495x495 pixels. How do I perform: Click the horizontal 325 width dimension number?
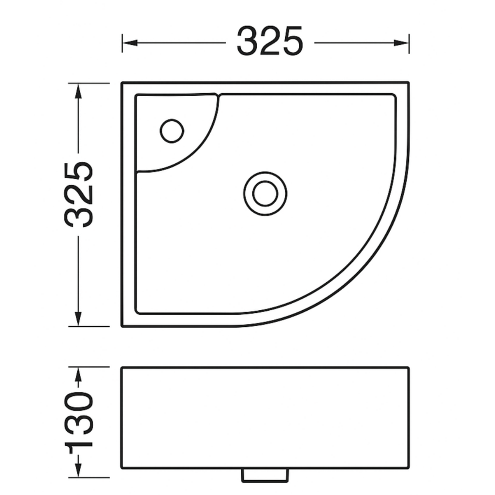270,42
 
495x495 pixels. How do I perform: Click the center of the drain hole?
265,193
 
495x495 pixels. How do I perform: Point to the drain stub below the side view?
265,476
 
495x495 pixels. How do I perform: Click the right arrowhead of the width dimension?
401,43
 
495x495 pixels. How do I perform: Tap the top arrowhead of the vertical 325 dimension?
78,91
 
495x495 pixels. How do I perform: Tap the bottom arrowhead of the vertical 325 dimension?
78,319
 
